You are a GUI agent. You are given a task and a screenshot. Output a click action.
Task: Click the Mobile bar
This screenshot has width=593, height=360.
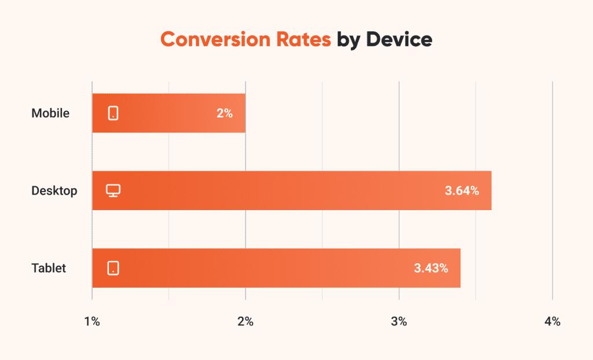[x=169, y=113]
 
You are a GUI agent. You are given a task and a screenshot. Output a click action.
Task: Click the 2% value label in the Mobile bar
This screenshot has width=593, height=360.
[x=225, y=113]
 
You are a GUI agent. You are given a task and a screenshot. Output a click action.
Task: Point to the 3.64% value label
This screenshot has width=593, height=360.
[x=462, y=190]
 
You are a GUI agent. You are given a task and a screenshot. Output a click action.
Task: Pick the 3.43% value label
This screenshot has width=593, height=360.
[x=431, y=268]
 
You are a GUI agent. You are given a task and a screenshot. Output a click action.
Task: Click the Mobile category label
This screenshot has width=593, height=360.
[x=50, y=113]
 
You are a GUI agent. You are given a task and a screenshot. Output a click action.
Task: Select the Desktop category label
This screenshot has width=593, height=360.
[x=54, y=190]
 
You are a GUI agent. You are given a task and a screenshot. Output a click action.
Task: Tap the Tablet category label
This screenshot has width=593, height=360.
[x=49, y=268]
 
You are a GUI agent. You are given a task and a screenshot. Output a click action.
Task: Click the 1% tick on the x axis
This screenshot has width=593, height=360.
[x=92, y=322]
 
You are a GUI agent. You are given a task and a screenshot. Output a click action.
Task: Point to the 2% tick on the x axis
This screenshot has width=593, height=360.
[x=246, y=322]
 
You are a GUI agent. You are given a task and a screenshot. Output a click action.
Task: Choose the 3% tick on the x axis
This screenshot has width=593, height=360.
[x=399, y=322]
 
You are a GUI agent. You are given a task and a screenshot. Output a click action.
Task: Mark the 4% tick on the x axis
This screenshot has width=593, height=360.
[x=552, y=322]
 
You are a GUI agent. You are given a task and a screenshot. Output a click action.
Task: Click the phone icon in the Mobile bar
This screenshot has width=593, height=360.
[x=114, y=113]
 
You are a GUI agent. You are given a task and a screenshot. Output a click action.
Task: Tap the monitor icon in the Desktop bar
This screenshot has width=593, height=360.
[x=114, y=190]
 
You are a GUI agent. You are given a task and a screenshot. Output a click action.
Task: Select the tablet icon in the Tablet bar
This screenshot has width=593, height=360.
[x=114, y=268]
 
